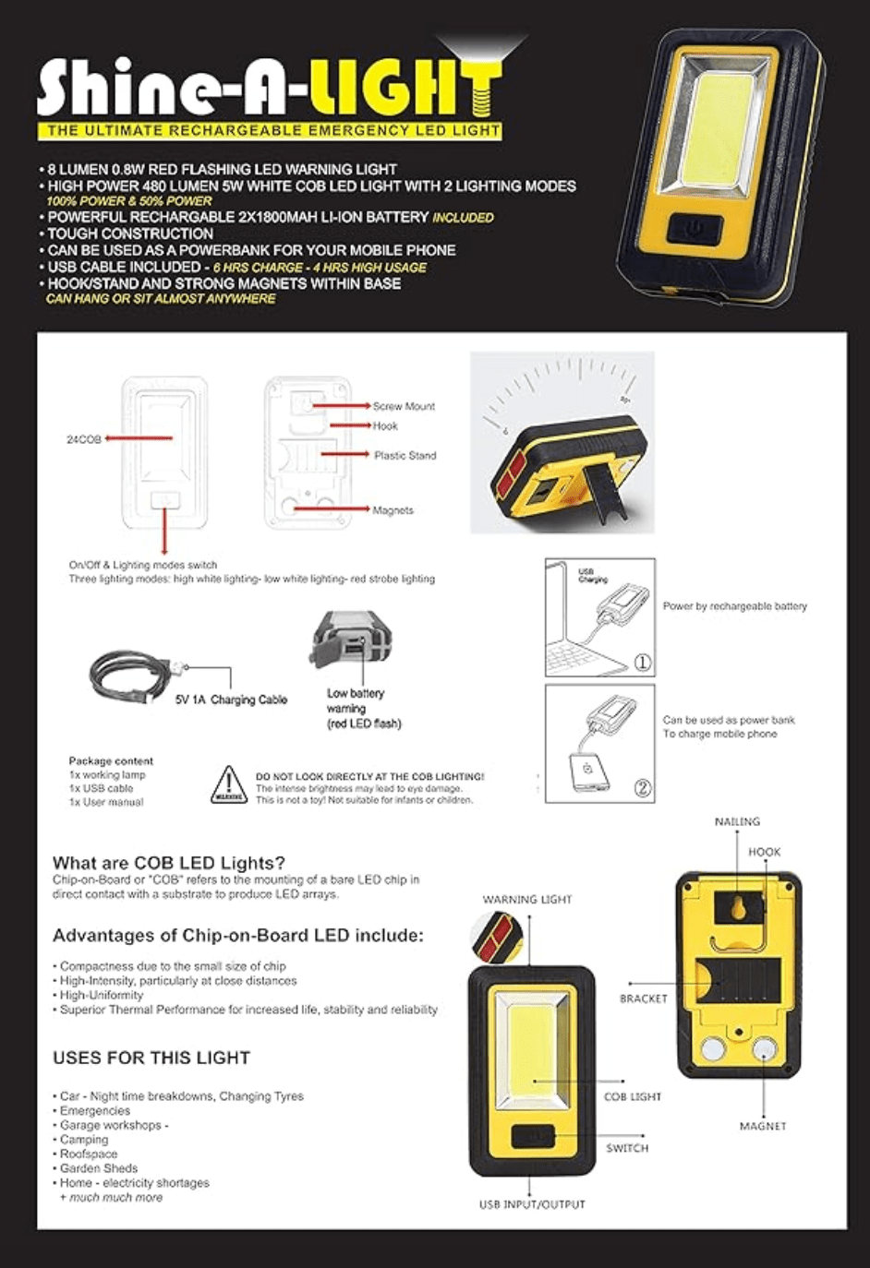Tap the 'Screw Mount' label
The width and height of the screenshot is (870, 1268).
pos(404,406)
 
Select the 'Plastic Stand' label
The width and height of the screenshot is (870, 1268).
pos(405,455)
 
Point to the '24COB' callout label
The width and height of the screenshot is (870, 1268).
pos(83,439)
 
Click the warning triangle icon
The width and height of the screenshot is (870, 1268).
pos(228,785)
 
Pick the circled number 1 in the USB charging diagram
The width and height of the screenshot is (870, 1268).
pos(643,663)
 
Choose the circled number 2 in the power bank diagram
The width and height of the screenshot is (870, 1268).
pos(643,788)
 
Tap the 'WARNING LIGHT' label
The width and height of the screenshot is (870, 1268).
pos(527,900)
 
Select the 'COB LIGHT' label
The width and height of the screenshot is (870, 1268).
pos(633,1097)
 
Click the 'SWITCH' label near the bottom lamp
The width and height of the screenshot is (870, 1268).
pos(627,1148)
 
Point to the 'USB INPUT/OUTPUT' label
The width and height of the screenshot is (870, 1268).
pos(532,1204)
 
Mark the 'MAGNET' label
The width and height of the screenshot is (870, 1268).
pos(763,1126)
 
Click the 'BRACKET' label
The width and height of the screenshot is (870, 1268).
pos(643,999)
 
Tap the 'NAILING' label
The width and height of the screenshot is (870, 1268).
pos(737,821)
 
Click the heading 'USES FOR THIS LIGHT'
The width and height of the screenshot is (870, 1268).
pos(151,1058)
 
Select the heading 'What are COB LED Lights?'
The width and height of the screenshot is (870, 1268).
pos(169,863)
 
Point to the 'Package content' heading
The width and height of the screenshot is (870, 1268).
pos(111,761)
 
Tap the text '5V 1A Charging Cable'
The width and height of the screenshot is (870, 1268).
pos(231,700)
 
